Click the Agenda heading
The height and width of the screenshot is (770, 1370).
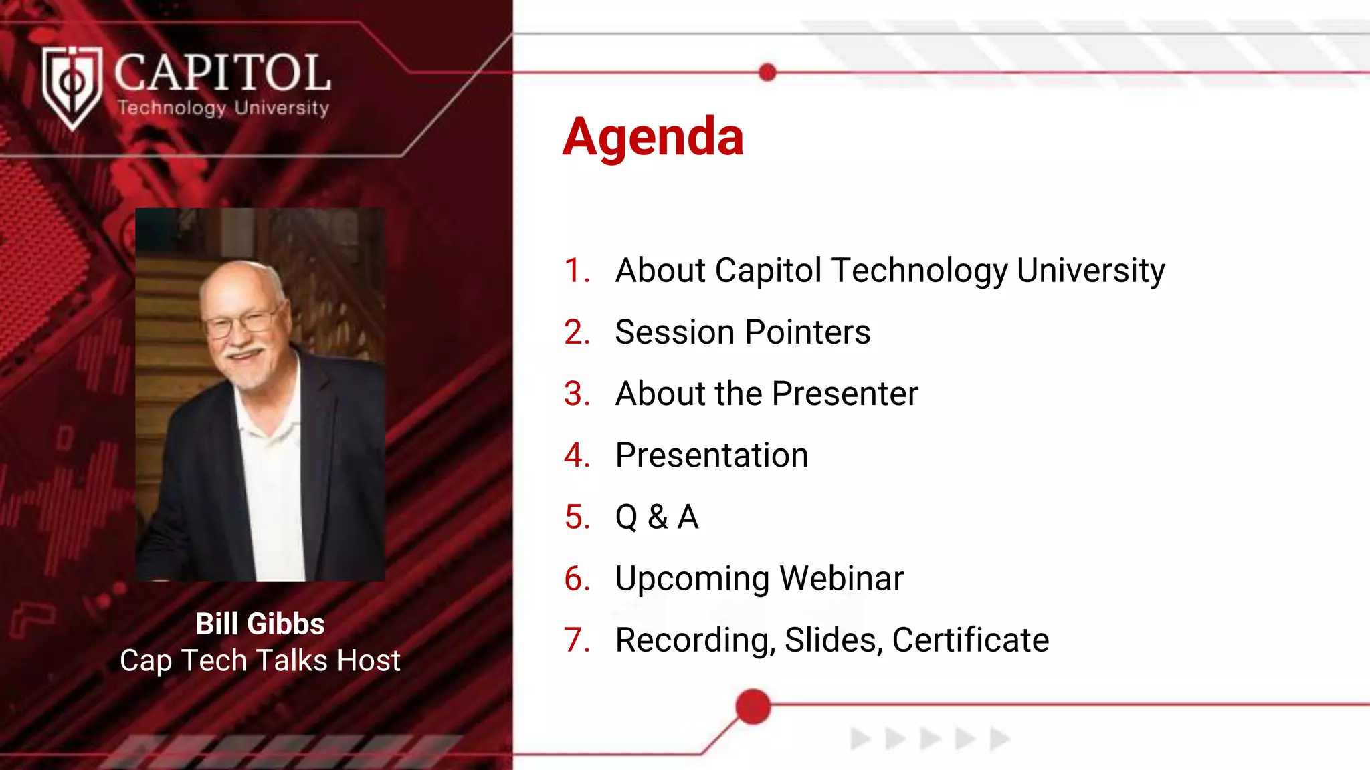[x=653, y=137]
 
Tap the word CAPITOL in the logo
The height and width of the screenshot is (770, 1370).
[x=222, y=73]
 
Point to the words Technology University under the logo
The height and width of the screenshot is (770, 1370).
[x=223, y=108]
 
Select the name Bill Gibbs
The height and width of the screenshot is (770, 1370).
[x=260, y=624]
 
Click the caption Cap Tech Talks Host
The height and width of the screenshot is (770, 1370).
[x=260, y=660]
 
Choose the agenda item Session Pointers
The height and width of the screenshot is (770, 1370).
[x=743, y=332]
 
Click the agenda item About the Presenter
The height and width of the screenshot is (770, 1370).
[x=767, y=394]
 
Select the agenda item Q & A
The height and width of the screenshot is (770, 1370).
[x=657, y=517]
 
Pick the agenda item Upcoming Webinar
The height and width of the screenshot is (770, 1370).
[x=759, y=579]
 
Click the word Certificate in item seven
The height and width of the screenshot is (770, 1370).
[x=970, y=640]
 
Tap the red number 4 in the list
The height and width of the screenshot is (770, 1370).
[x=576, y=456]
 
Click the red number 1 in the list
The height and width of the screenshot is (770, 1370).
[x=576, y=271]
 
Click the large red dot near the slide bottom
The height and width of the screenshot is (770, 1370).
[x=753, y=707]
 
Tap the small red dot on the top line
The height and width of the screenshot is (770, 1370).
[x=767, y=72]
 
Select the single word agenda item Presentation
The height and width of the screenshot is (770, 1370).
[x=712, y=456]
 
